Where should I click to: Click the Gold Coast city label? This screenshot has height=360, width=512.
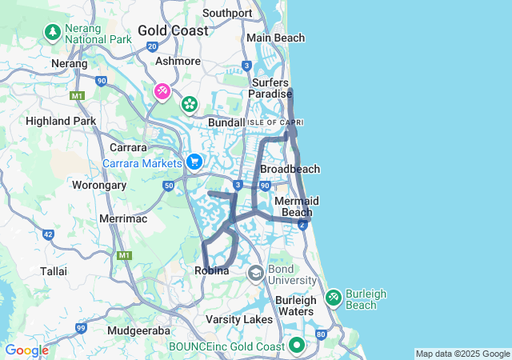coord(173,30)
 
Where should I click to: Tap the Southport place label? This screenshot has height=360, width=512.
coord(227,13)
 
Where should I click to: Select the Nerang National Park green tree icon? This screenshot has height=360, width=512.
coord(53,32)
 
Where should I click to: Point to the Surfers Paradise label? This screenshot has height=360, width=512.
coord(272,88)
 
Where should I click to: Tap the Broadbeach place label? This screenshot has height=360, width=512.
coord(290,169)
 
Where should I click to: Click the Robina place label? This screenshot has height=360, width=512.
coord(212,271)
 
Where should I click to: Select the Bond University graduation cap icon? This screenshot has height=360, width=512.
coord(256,274)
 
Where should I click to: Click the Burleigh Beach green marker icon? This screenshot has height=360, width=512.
coord(334,298)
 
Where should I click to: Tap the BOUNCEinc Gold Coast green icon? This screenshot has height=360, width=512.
coord(297,346)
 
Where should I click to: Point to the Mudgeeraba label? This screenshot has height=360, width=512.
coord(139,329)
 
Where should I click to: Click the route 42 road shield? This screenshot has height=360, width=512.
coord(49,235)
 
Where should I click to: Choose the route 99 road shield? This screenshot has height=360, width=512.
coord(81,328)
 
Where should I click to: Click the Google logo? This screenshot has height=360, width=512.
coord(26,350)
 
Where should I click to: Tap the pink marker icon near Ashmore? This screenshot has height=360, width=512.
coord(162,92)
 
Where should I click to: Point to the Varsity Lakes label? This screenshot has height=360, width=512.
coord(240,320)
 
